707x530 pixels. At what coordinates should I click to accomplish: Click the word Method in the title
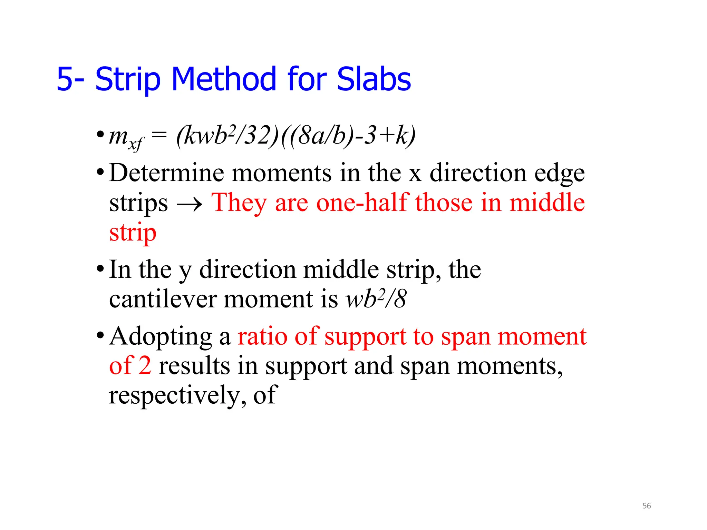pos(223,79)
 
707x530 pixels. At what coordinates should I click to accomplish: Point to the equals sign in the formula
pos(159,135)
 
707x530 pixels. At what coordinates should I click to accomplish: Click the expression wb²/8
pos(376,299)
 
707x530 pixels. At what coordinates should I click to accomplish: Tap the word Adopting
pos(161,337)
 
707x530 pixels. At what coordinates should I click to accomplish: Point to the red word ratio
pos(262,336)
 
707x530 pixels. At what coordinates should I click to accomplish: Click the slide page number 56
pos(646,506)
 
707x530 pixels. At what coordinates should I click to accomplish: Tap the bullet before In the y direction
pos(100,269)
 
